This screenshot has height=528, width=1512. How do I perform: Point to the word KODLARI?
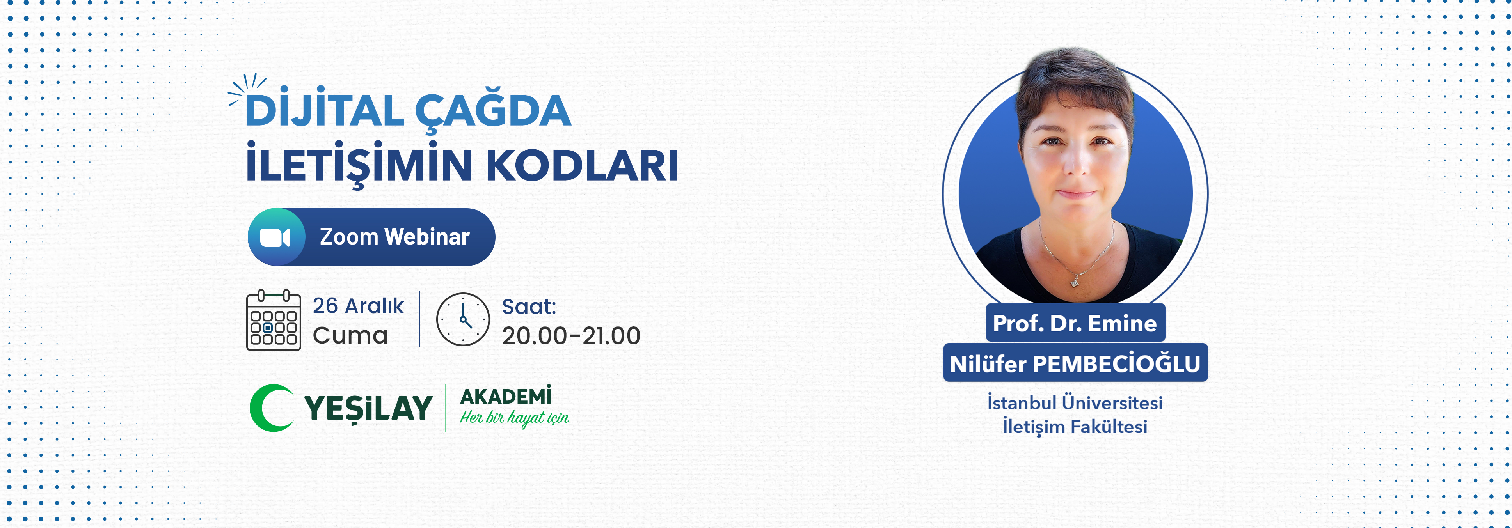click(582, 165)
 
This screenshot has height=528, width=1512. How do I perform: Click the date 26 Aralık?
click(358, 306)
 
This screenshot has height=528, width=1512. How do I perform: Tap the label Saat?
click(529, 306)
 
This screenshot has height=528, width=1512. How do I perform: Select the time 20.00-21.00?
click(570, 336)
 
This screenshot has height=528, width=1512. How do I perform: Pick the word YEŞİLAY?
click(368, 408)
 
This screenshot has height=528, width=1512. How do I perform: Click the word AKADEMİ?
click(505, 397)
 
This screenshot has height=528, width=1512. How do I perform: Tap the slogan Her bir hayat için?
click(514, 418)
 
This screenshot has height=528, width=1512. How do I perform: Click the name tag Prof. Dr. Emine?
click(1075, 322)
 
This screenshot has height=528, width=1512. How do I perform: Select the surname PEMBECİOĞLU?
click(1116, 364)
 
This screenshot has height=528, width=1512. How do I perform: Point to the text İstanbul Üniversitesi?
click(1075, 403)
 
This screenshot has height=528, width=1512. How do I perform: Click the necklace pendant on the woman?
click(1075, 283)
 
